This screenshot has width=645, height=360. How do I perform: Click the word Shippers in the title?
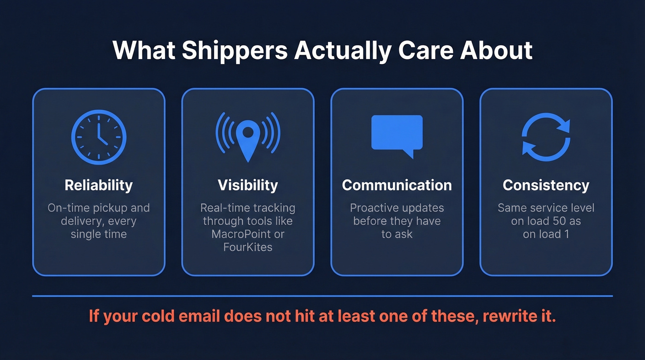235,51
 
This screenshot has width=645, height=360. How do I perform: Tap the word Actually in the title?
342,51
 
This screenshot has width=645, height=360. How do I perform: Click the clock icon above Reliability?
99,137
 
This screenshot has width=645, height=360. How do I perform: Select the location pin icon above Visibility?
248,136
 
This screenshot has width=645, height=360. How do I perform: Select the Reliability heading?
99,185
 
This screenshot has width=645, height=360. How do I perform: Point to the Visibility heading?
248,185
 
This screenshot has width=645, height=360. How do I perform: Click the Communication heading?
397,185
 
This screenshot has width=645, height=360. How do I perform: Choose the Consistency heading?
546,185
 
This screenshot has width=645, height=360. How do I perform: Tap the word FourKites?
248,247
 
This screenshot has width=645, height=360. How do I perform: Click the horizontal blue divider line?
322,296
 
